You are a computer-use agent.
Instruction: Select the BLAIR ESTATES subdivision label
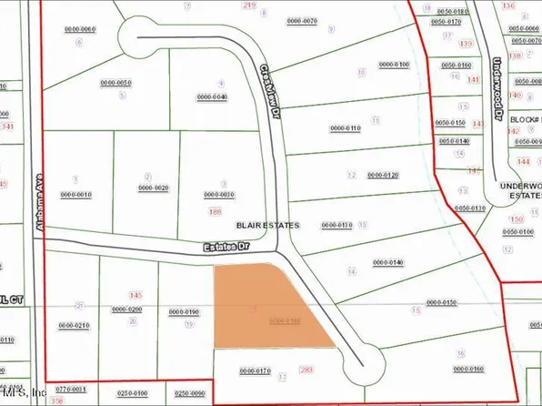pos(267,222)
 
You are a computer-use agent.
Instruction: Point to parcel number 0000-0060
pos(80,30)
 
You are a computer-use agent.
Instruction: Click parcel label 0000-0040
pos(211,96)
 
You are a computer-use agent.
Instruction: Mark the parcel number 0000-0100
pos(394,65)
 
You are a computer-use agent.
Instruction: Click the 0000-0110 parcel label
pos(346,128)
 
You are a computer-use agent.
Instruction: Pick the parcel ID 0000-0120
pos(384,174)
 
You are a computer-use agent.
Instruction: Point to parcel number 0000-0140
pos(386,262)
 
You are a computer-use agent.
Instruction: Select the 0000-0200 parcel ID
pos(127,310)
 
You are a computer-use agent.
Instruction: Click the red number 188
pos(215,211)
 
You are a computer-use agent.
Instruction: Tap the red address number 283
pos(306,369)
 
